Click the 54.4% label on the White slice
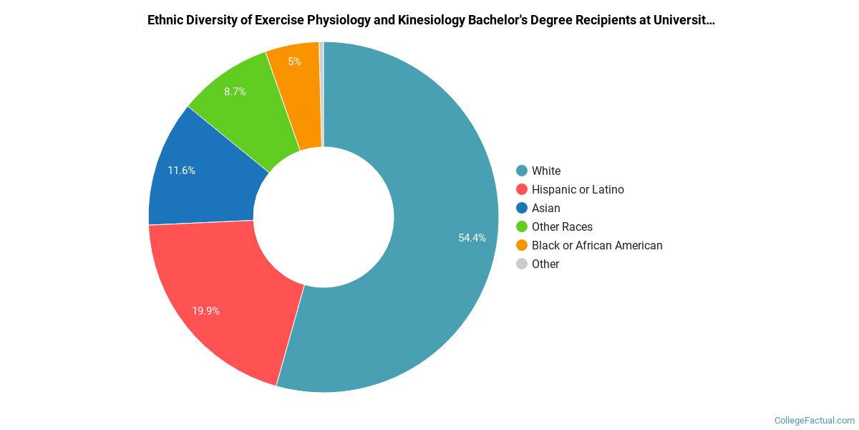pyautogui.click(x=472, y=238)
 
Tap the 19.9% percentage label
pyautogui.click(x=205, y=311)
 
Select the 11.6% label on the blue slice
pyautogui.click(x=181, y=171)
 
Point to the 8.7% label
pyautogui.click(x=235, y=92)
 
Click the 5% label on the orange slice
pyautogui.click(x=294, y=62)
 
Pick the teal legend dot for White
pyautogui.click(x=522, y=171)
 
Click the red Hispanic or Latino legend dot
pyautogui.click(x=522, y=189)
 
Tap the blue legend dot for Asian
pyautogui.click(x=522, y=208)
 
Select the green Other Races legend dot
pyautogui.click(x=522, y=226)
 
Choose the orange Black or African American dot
pyautogui.click(x=522, y=245)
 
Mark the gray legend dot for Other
pyautogui.click(x=522, y=264)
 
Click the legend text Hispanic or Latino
pyautogui.click(x=578, y=189)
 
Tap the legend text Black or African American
pyautogui.click(x=597, y=245)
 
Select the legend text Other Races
pyautogui.click(x=562, y=226)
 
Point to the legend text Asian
pyautogui.click(x=546, y=208)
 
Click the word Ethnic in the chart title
pyautogui.click(x=165, y=20)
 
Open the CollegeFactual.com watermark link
pyautogui.click(x=815, y=420)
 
